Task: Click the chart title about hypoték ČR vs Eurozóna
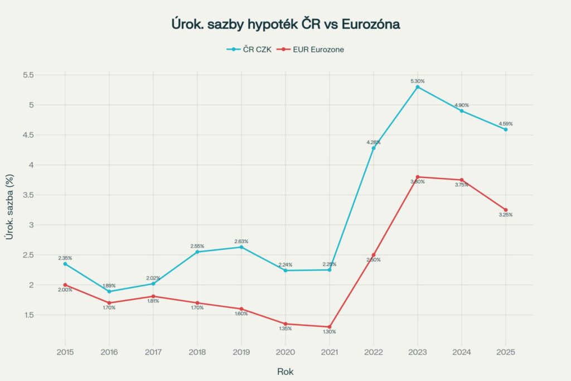coord(285,25)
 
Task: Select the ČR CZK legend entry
coord(249,49)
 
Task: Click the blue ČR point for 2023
coord(418,87)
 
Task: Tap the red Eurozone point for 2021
coord(330,327)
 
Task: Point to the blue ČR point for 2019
coord(241,247)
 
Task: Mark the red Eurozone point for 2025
coord(506,210)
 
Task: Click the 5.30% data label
coord(418,81)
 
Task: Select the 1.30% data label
coord(330,332)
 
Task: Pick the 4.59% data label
coord(506,123)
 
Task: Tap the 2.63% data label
coord(241,241)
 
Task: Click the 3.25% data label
coord(506,215)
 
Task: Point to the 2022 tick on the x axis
coord(374,353)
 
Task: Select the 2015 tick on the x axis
coord(65,353)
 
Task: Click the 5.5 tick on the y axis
coord(28,75)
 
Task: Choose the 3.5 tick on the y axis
coord(28,195)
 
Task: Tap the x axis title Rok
coord(285,371)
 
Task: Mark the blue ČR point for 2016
coord(109,291)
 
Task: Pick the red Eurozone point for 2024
coord(462,180)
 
